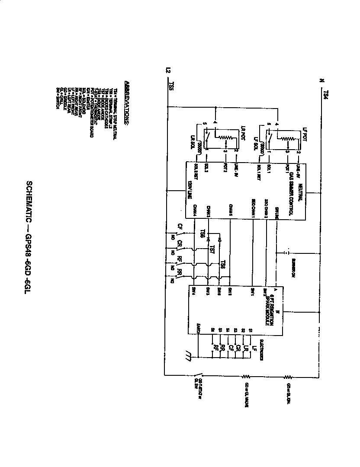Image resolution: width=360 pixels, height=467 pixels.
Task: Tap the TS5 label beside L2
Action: tap(171, 86)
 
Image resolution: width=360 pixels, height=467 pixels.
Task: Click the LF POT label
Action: tap(305, 133)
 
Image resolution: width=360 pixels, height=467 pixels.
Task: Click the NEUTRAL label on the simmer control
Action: tap(299, 184)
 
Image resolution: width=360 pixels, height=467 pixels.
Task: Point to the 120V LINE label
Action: tap(190, 190)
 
